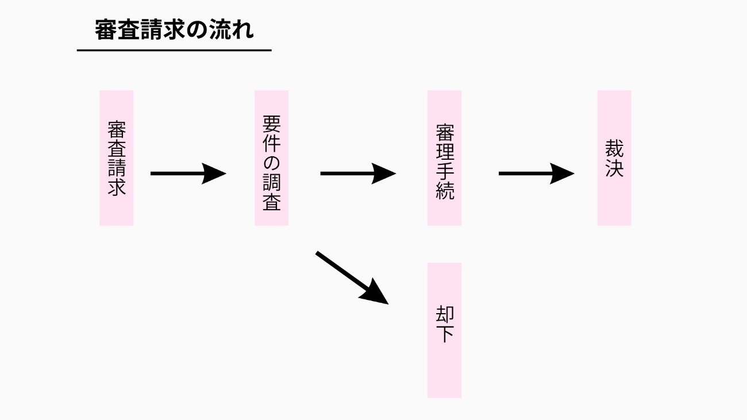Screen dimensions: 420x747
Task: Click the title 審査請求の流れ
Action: tap(174, 30)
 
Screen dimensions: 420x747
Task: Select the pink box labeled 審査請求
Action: tap(117, 157)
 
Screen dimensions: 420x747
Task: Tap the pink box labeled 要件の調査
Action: tap(272, 157)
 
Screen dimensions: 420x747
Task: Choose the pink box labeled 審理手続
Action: tap(444, 157)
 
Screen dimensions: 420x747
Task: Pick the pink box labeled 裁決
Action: tap(614, 157)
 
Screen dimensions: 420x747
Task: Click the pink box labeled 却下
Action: tap(444, 330)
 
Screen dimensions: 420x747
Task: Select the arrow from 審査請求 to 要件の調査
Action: tap(187, 173)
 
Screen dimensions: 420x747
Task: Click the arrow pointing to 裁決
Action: tap(536, 173)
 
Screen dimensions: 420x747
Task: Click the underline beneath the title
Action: tap(174, 51)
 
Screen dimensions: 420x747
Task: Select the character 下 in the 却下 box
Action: tap(445, 334)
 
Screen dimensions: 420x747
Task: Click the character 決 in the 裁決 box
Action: tap(614, 168)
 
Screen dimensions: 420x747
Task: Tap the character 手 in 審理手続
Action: tap(445, 171)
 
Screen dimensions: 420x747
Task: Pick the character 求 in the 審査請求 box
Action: tap(117, 187)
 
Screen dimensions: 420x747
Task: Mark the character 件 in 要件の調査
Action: tap(272, 143)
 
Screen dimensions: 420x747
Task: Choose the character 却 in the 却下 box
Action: tap(445, 315)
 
